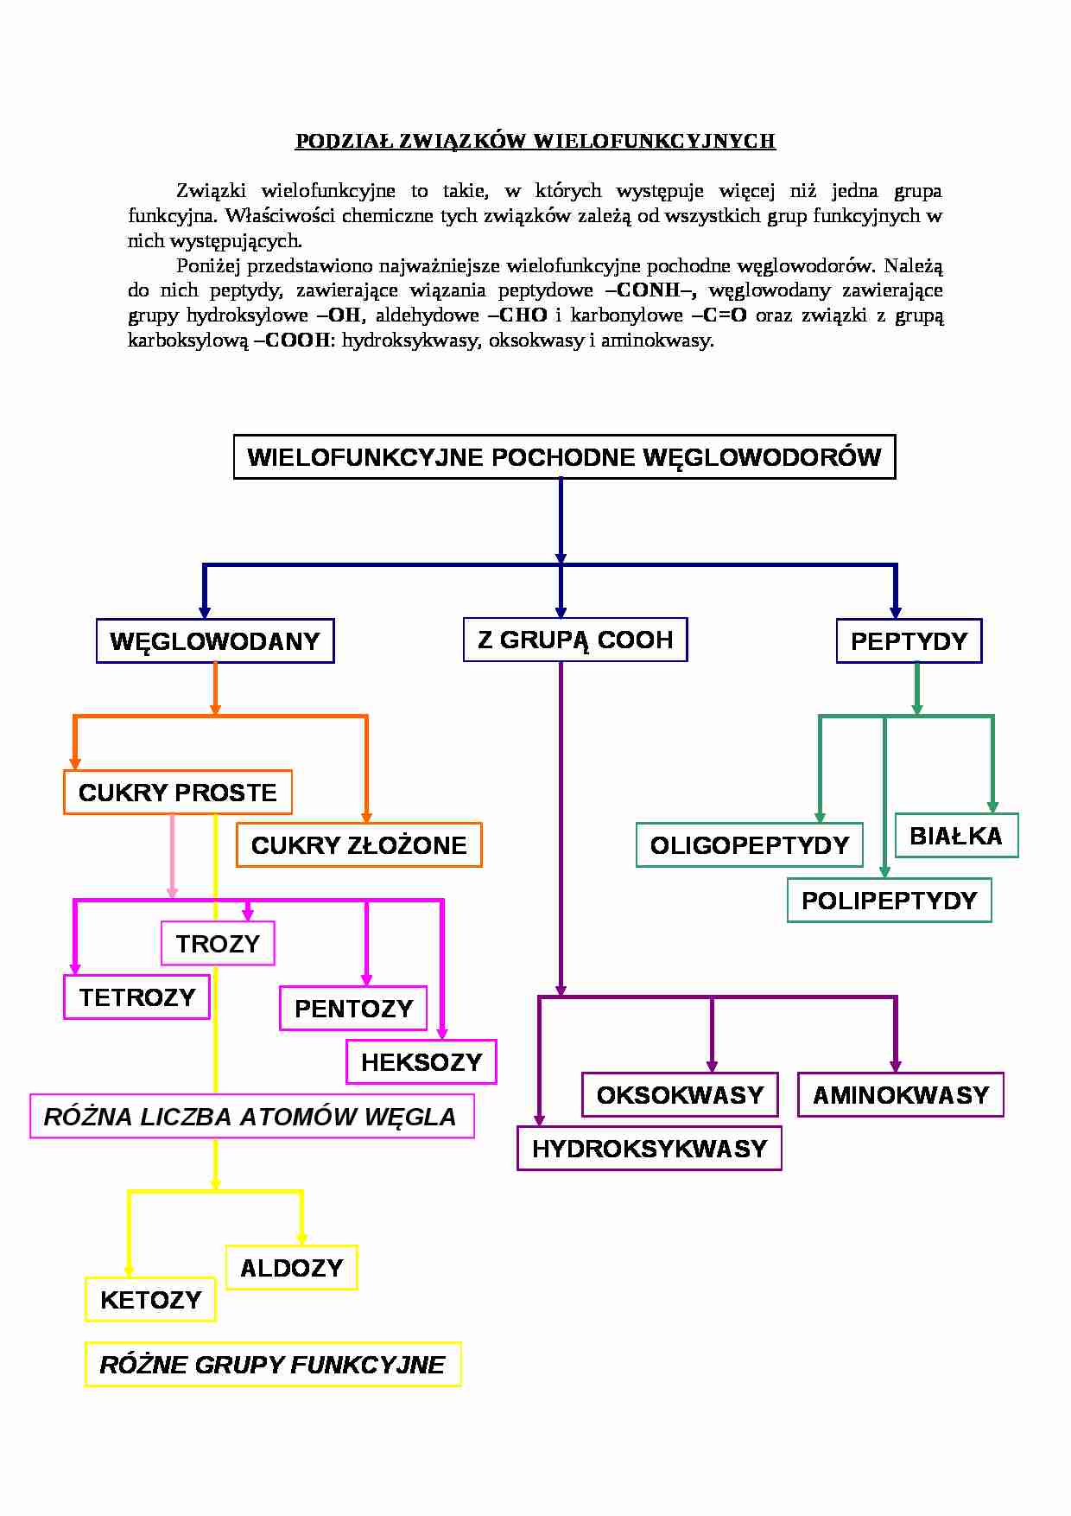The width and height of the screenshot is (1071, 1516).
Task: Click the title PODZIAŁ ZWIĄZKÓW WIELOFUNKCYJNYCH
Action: tap(535, 141)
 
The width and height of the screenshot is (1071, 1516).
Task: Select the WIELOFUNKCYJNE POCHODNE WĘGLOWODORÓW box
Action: tap(564, 457)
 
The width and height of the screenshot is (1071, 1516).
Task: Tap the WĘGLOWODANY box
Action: tap(215, 641)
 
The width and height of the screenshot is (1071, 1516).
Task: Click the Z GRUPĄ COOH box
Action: tap(575, 640)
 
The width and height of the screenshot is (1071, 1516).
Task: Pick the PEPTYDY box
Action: tap(909, 641)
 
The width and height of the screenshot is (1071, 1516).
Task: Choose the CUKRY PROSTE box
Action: tap(178, 793)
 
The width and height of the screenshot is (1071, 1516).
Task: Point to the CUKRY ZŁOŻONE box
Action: tap(358, 845)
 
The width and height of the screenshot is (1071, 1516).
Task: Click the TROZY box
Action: tap(218, 943)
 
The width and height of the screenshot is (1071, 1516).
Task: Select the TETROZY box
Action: tap(136, 997)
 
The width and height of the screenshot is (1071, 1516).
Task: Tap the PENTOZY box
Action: tap(353, 1009)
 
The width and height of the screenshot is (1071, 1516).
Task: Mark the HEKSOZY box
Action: tap(421, 1062)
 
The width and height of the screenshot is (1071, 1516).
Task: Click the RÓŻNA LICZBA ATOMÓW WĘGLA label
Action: tap(251, 1117)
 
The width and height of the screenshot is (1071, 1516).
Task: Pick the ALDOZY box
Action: tap(292, 1268)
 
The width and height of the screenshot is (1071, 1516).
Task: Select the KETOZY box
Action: tap(150, 1300)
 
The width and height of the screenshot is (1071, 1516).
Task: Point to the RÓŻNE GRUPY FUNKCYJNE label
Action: tap(273, 1365)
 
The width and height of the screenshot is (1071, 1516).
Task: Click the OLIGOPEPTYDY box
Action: tap(750, 845)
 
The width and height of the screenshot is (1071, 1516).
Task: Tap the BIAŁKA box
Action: tap(956, 836)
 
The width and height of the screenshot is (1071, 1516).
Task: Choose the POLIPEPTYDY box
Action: tap(889, 901)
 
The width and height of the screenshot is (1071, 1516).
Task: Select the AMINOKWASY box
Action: tap(901, 1095)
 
